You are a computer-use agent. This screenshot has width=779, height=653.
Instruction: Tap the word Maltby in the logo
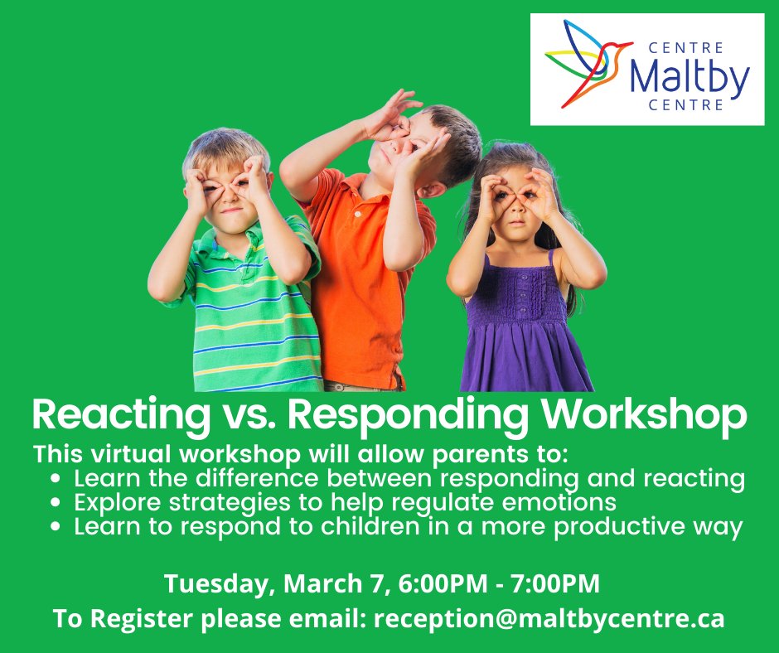[689, 77]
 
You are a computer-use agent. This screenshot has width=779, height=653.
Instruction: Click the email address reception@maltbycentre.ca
[549, 618]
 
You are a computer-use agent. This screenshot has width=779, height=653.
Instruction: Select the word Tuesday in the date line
[220, 583]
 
